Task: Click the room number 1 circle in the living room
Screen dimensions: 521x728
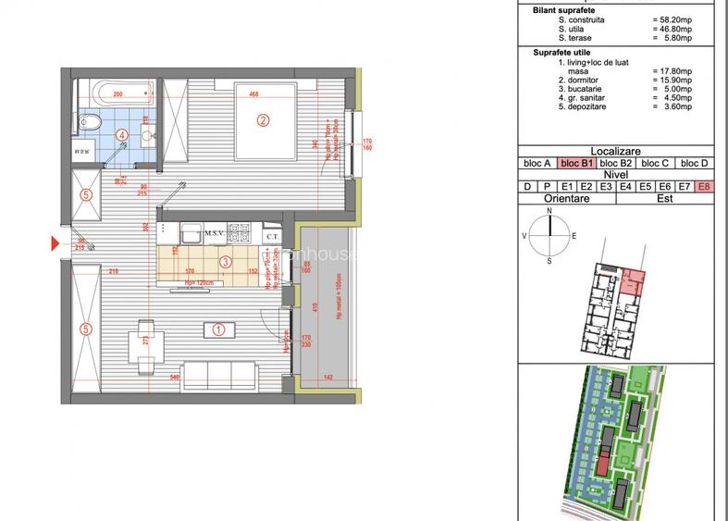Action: [x=219, y=328]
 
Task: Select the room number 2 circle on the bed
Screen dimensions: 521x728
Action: [x=263, y=119]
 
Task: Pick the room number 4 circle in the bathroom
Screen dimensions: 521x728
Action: [x=121, y=134]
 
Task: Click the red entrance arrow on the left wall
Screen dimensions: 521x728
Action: [x=55, y=243]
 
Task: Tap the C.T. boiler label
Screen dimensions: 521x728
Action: [x=272, y=237]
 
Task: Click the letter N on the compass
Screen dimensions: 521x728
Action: [x=549, y=212]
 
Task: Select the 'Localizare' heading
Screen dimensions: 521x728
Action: [x=615, y=152]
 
